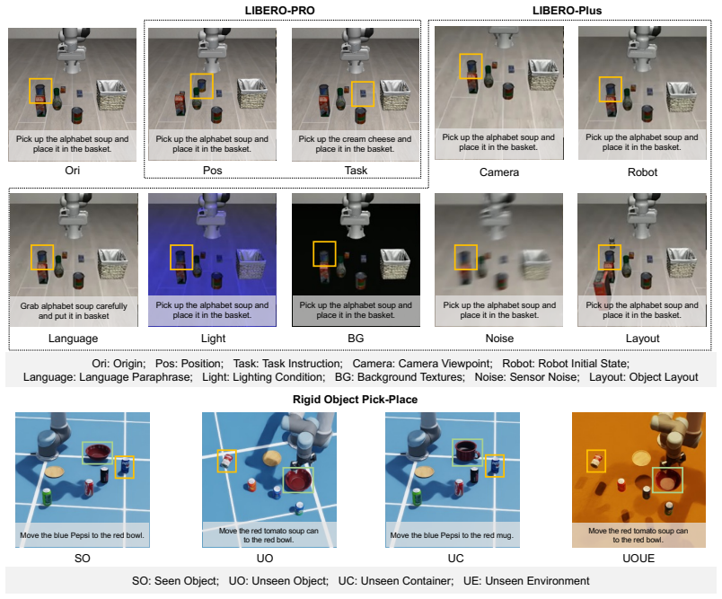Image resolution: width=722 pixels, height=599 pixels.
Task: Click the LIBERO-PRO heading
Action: (279, 11)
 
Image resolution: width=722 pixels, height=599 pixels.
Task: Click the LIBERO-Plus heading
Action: (567, 11)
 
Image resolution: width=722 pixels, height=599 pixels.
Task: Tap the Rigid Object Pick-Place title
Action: (355, 399)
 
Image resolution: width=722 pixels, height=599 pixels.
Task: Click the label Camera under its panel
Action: (499, 172)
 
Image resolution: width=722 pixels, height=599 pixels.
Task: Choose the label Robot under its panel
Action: (642, 172)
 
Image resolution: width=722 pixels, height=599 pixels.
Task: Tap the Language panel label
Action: (74, 339)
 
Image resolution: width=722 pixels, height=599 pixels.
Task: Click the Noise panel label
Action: (499, 339)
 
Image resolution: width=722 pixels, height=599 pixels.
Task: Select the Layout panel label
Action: (642, 339)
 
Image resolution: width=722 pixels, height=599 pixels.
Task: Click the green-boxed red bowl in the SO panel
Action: (97, 453)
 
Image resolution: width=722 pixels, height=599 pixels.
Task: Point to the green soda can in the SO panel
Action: (47, 498)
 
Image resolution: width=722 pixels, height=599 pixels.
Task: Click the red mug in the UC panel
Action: (467, 451)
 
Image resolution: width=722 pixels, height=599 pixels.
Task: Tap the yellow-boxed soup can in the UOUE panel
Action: (596, 461)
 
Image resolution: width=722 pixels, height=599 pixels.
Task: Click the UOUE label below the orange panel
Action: (638, 558)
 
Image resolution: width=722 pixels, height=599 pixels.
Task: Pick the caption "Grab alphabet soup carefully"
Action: (74, 306)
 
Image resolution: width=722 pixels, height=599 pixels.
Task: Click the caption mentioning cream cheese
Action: (355, 138)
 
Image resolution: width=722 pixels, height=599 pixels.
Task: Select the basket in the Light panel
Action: (251, 264)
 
